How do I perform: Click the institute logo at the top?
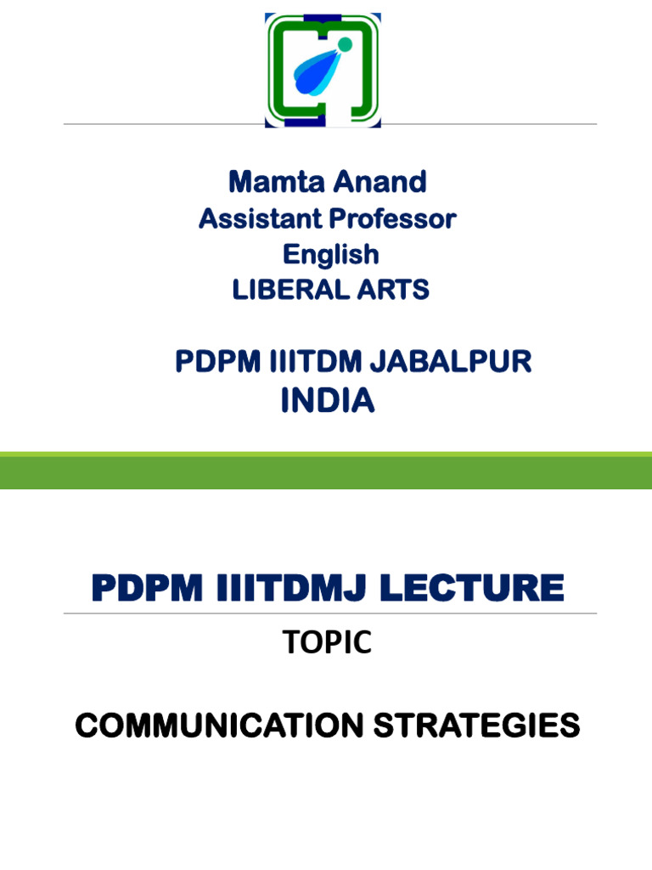[323, 70]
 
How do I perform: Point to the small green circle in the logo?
[344, 44]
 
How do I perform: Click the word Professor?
[392, 219]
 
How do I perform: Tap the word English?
[330, 255]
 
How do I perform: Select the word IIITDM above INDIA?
[311, 362]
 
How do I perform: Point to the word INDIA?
[328, 400]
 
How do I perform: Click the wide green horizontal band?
[326, 472]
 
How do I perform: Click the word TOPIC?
[327, 643]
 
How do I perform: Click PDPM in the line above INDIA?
[216, 362]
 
